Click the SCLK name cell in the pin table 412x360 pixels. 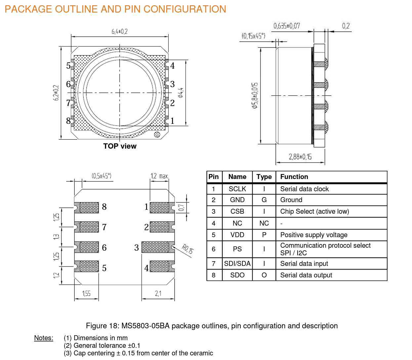point(237,189)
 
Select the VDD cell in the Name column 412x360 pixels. point(237,235)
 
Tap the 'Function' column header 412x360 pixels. point(294,177)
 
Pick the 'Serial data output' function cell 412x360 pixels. point(306,275)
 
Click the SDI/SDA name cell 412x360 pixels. point(237,264)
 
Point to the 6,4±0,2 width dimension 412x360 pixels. point(120,32)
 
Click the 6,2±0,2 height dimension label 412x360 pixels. point(56,93)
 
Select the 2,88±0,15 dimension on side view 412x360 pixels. point(300,157)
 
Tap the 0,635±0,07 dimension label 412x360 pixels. point(287,26)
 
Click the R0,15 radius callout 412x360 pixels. point(187,249)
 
